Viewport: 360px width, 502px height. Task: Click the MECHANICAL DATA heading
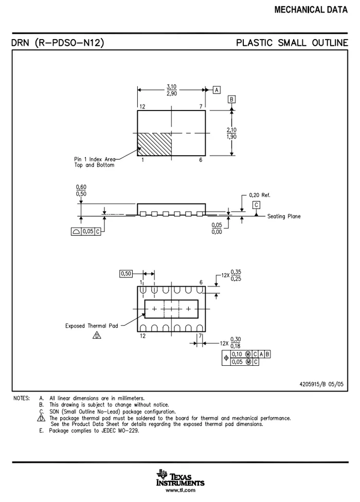(311, 10)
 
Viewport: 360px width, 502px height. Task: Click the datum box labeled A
(217, 90)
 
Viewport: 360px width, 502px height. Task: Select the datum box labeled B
(231, 99)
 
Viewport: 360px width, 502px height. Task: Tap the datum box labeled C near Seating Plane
(256, 205)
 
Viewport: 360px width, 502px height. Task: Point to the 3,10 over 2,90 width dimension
(171, 90)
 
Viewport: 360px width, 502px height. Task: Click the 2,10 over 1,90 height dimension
(231, 133)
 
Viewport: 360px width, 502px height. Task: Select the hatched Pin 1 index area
(154, 144)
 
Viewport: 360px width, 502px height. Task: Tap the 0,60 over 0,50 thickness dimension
(81, 190)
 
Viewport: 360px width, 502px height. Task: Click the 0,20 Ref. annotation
(260, 195)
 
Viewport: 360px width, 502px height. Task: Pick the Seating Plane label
(284, 216)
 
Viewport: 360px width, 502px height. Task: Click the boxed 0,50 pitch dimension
(126, 274)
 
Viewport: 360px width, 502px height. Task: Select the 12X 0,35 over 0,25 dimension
(231, 275)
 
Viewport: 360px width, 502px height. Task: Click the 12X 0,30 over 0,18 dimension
(230, 343)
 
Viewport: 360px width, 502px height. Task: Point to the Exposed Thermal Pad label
(92, 326)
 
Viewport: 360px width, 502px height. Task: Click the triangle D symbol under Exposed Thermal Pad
(97, 335)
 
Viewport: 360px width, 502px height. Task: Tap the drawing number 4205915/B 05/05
(321, 384)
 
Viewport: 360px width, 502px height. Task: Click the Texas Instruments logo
(180, 478)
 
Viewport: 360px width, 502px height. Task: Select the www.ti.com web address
(181, 490)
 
